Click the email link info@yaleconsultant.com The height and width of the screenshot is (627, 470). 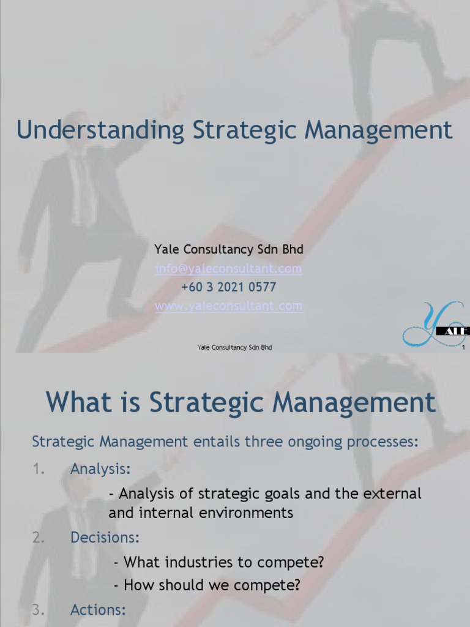pos(228,268)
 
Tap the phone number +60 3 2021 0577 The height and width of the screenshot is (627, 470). pos(228,287)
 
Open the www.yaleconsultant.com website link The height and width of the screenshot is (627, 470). pos(228,306)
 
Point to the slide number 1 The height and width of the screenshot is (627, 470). pos(464,348)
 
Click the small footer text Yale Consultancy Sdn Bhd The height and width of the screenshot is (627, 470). pos(234,347)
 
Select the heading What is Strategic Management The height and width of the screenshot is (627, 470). pos(241,402)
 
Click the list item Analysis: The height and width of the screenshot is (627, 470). pos(100,469)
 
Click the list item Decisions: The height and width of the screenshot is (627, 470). pos(105,538)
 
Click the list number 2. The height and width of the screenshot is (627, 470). pos(38,538)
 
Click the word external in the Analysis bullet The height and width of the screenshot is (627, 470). pos(394,494)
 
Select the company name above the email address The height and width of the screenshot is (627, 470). pos(228,250)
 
